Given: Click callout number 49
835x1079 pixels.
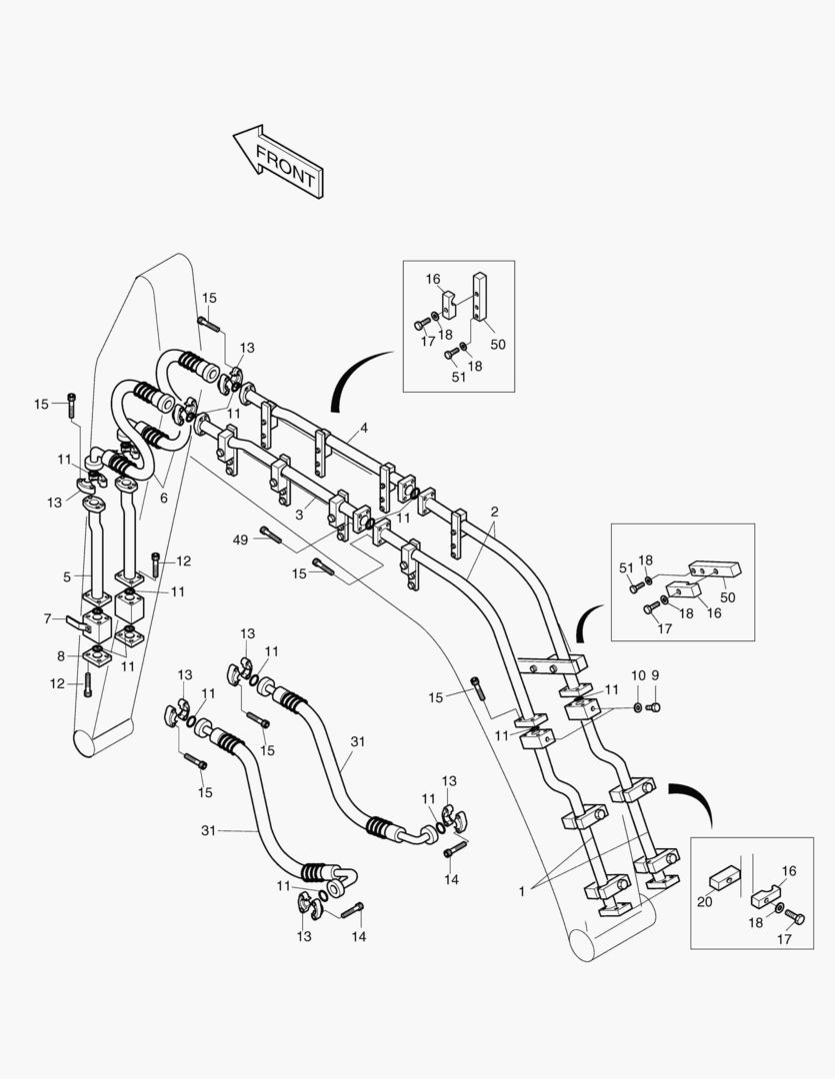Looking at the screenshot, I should point(239,539).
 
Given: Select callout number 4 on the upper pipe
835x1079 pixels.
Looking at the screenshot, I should point(364,429).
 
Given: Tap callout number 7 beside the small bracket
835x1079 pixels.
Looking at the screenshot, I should point(47,619).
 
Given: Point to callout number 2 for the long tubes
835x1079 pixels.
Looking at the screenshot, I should point(494,512).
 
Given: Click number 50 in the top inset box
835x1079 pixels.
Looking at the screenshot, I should point(497,344).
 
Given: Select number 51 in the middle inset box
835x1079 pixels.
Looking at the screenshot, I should point(627,567).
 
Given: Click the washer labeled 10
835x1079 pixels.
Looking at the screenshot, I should point(637,707).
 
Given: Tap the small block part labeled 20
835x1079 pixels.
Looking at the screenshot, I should point(722,880).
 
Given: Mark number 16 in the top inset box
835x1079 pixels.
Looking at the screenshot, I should point(433,280).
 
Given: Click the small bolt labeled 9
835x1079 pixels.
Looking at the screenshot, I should point(655,707).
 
